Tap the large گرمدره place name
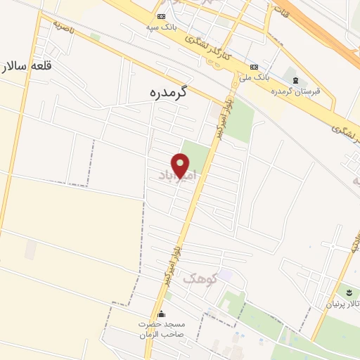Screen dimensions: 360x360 point(171,92)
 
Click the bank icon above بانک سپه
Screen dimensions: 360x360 point(162,16)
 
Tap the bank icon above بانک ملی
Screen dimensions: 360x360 point(253,67)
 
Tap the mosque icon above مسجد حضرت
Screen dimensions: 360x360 point(163,314)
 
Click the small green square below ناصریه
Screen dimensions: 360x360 point(95,36)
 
